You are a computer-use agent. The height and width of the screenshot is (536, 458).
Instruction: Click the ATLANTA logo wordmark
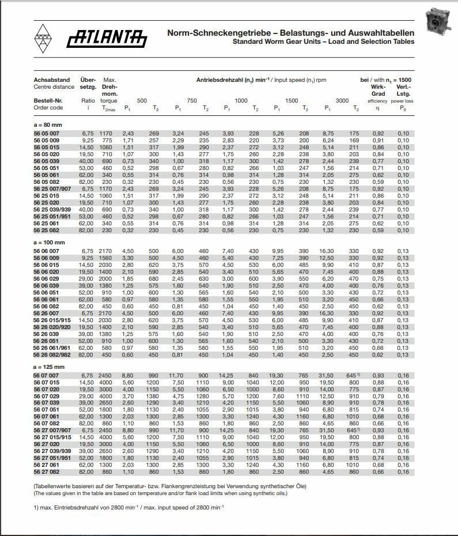point(107,39)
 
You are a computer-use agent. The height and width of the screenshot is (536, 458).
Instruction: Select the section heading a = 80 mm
point(48,124)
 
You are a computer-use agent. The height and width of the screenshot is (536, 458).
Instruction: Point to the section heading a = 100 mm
point(49,243)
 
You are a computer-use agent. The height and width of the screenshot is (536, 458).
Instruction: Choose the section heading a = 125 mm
point(49,367)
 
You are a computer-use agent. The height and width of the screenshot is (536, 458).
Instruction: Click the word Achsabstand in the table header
point(52,80)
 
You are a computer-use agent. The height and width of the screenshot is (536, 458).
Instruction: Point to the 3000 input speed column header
point(342,101)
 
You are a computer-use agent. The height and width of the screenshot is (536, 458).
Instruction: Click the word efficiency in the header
point(378,101)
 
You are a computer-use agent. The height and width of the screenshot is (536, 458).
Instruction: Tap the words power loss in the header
point(403,101)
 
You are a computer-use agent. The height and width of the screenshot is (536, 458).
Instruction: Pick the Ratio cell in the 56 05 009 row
point(88,140)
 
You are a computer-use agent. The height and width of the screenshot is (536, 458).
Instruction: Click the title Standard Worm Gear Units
point(323,41)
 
